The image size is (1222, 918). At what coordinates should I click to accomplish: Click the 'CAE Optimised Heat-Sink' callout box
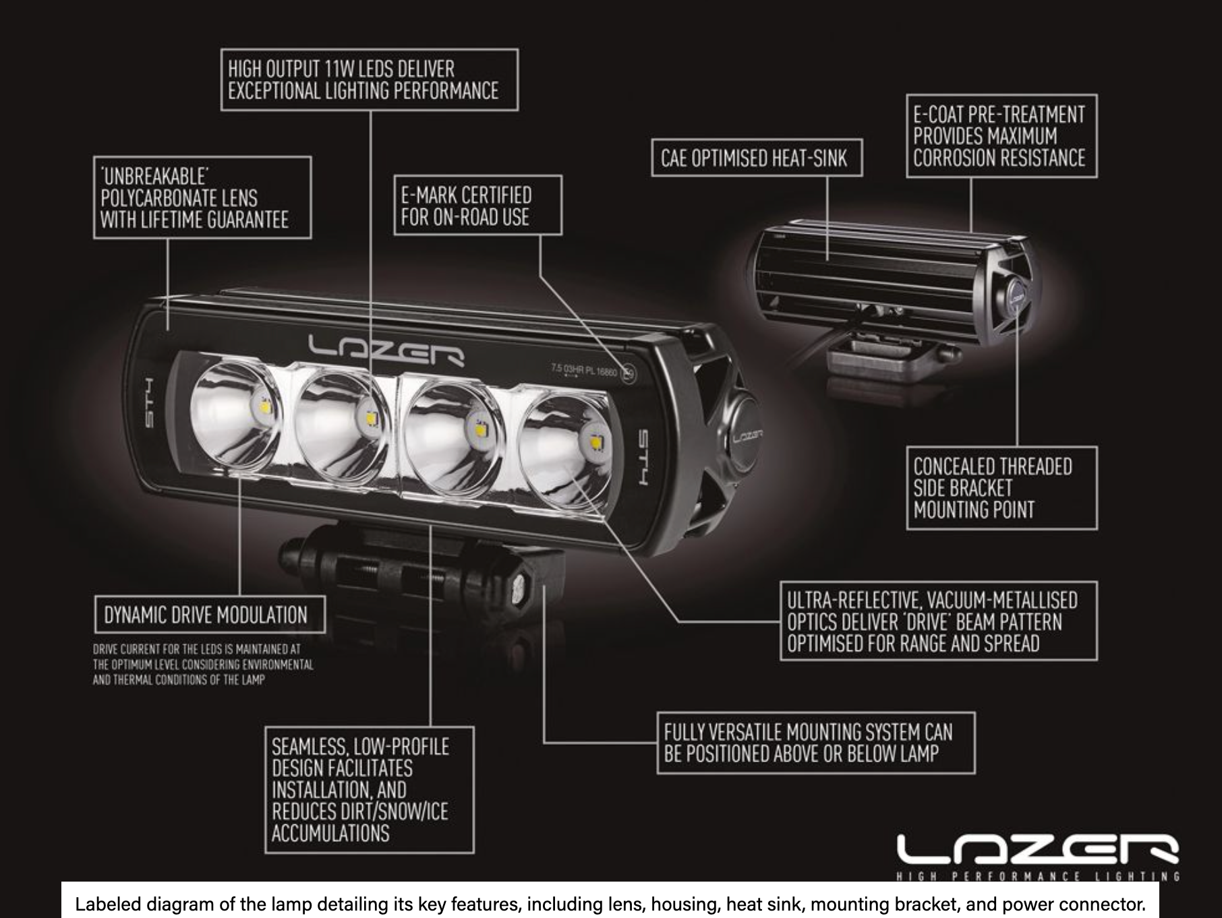tap(756, 158)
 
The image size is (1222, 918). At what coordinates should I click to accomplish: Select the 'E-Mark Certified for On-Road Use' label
tap(477, 205)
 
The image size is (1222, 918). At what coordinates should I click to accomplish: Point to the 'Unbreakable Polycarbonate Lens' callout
tap(202, 197)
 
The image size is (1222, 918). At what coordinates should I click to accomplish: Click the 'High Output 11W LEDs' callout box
tap(369, 80)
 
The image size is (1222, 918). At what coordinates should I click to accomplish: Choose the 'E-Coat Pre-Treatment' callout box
tap(1001, 136)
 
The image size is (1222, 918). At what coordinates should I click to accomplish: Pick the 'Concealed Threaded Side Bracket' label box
tap(1001, 488)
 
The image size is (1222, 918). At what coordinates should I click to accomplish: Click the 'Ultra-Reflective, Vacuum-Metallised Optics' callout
tap(938, 621)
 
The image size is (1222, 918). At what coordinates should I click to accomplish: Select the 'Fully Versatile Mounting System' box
tap(815, 743)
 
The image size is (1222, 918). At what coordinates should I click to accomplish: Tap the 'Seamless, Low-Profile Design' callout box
tap(369, 790)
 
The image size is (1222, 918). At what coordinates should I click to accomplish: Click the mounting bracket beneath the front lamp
tap(418, 573)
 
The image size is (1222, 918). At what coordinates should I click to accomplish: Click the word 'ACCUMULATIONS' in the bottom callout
tap(330, 833)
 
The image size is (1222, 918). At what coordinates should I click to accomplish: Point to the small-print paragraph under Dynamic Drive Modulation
tap(203, 665)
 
